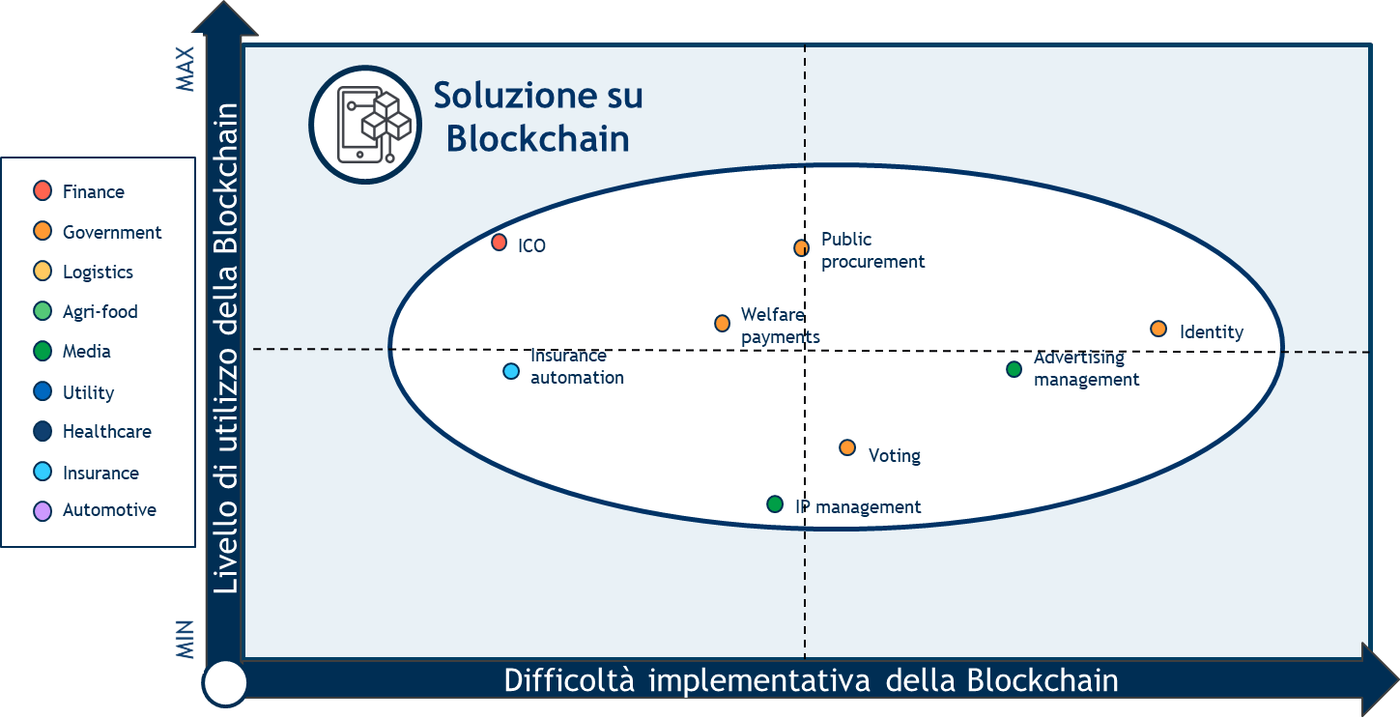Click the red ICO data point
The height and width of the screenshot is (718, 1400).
click(x=499, y=243)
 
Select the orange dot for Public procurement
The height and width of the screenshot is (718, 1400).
click(x=801, y=248)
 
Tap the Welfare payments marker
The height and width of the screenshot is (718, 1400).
click(x=722, y=323)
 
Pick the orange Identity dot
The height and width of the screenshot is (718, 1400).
click(x=1158, y=329)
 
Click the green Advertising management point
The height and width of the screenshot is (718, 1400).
click(x=1014, y=369)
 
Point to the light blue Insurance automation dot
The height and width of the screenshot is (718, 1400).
click(x=511, y=372)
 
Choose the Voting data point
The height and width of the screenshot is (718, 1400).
click(x=847, y=447)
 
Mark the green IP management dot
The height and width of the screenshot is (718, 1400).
click(x=775, y=504)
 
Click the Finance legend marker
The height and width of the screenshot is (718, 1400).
click(x=43, y=190)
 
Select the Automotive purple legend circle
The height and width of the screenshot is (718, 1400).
click(x=43, y=511)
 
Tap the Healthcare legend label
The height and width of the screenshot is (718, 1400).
click(x=107, y=432)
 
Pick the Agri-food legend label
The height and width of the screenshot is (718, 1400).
click(x=100, y=312)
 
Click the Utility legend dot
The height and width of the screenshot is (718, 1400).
click(x=43, y=391)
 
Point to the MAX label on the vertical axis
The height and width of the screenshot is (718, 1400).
click(x=185, y=69)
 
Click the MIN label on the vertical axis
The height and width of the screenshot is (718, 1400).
click(x=185, y=640)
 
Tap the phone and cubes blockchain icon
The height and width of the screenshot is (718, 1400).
click(x=365, y=125)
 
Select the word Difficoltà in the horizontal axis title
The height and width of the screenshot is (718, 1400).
click(x=569, y=680)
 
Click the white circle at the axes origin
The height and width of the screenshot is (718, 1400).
click(x=225, y=683)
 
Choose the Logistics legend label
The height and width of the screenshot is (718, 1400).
click(x=99, y=273)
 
